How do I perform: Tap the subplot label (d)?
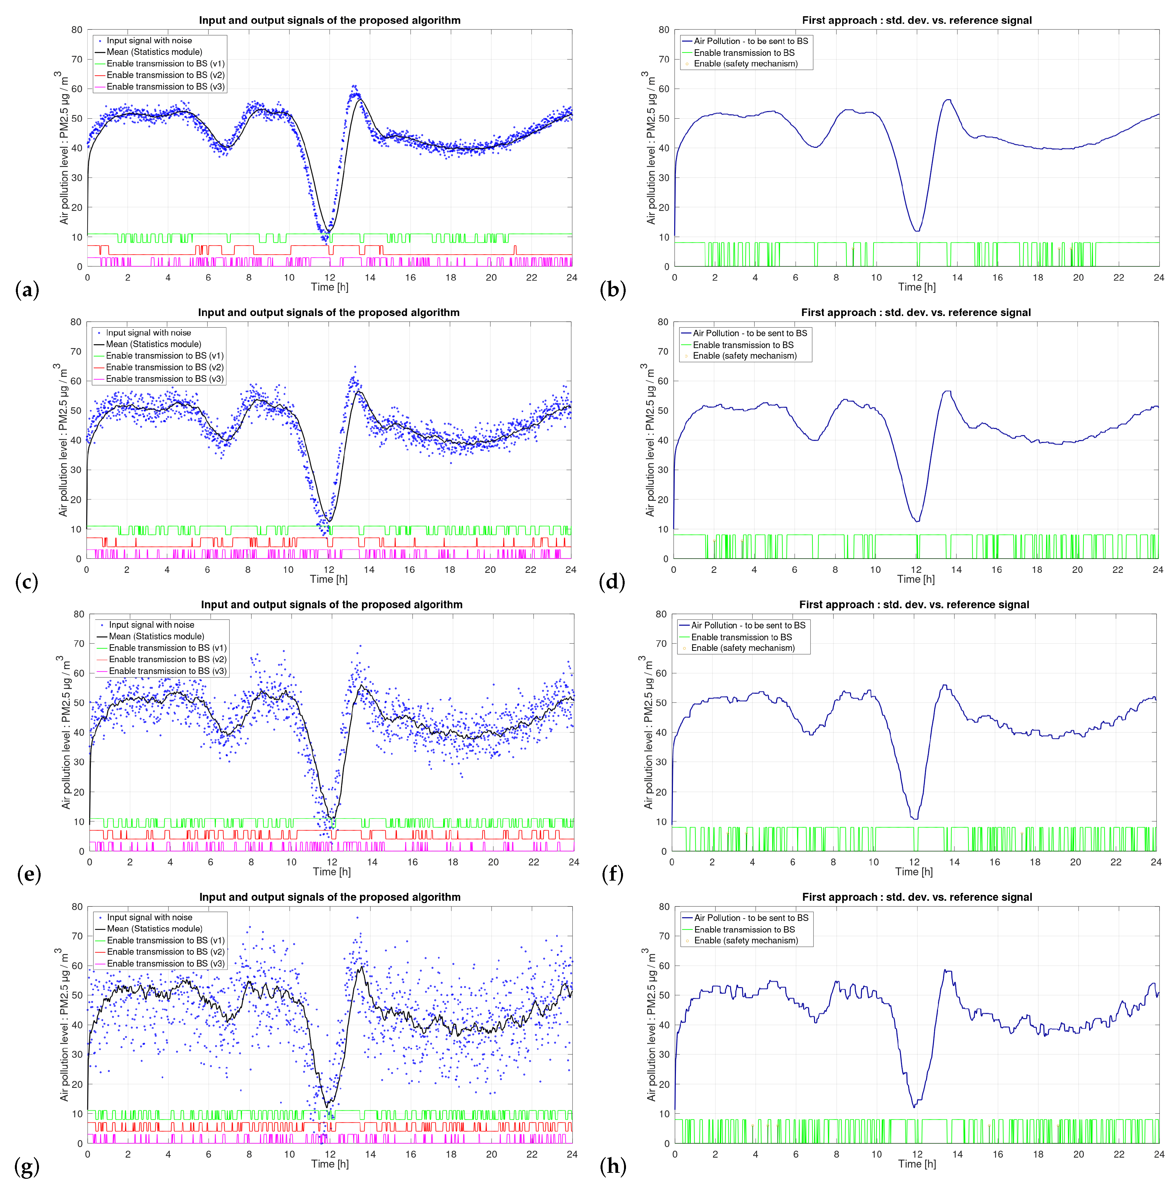[x=612, y=581]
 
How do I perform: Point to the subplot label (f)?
[x=612, y=874]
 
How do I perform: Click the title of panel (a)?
[x=330, y=20]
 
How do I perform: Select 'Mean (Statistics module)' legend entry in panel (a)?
[x=154, y=52]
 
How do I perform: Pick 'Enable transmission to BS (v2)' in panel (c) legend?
[x=165, y=367]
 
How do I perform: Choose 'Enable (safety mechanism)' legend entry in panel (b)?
[x=745, y=63]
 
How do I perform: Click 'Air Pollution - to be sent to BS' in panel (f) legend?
[x=748, y=625]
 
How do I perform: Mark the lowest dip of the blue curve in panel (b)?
[x=917, y=231]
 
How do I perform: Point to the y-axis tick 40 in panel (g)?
[x=77, y=1025]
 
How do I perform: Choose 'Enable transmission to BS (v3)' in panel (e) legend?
[x=168, y=671]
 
